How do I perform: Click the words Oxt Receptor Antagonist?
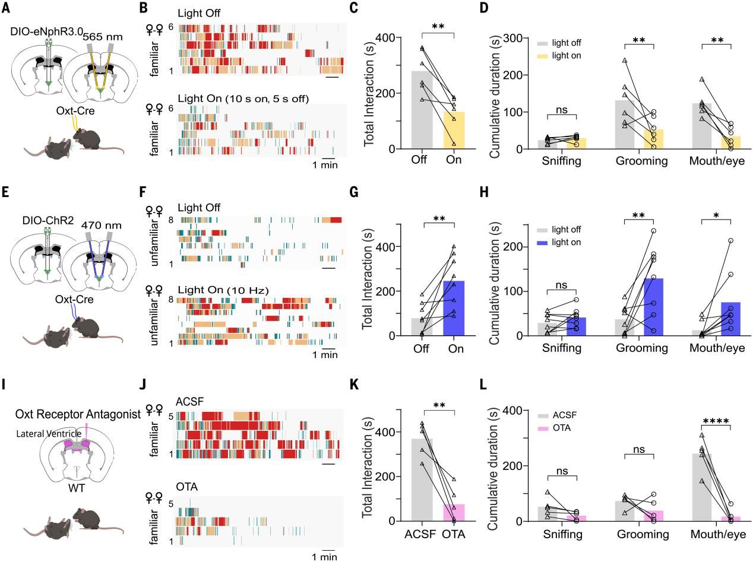(78, 414)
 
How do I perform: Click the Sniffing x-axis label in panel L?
(562, 534)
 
